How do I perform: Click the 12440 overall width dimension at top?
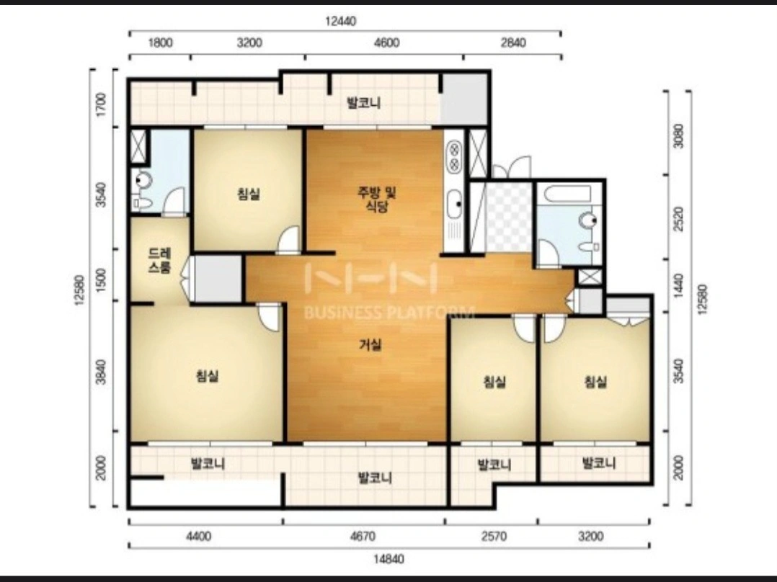pos(340,22)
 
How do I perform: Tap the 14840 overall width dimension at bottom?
pos(388,559)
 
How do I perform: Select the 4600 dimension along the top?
pos(387,43)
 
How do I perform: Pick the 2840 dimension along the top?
pos(513,43)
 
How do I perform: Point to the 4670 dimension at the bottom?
pos(363,537)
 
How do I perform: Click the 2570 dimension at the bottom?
pos(494,537)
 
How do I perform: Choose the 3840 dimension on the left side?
pos(101,372)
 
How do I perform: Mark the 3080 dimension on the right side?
pos(678,135)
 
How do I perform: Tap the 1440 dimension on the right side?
pos(678,286)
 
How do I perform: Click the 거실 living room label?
pos(370,344)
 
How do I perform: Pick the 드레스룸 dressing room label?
pos(160,261)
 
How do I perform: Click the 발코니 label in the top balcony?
pos(363,103)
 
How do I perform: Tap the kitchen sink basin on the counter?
pos(454,204)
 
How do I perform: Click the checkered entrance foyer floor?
pos(508,218)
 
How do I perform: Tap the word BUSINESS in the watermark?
pos(342,312)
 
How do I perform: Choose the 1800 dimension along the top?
pos(161,43)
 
